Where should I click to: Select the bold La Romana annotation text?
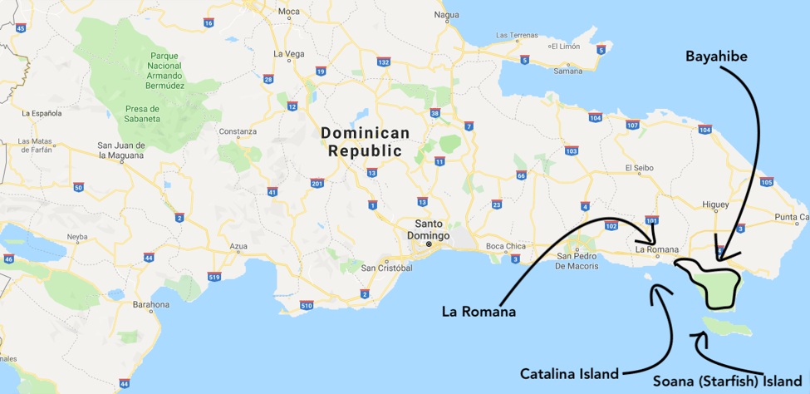tap(479, 312)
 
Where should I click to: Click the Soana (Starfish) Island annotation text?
tap(727, 382)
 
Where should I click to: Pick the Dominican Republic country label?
tap(365, 141)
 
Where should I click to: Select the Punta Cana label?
tap(792, 217)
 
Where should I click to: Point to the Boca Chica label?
tap(506, 246)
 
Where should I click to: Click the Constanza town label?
tap(238, 132)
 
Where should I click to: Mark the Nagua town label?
tap(446, 15)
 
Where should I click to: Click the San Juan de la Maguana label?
tap(121, 150)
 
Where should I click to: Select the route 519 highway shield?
tap(215, 276)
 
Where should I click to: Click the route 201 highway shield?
tap(317, 183)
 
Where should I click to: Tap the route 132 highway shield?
tap(383, 62)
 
